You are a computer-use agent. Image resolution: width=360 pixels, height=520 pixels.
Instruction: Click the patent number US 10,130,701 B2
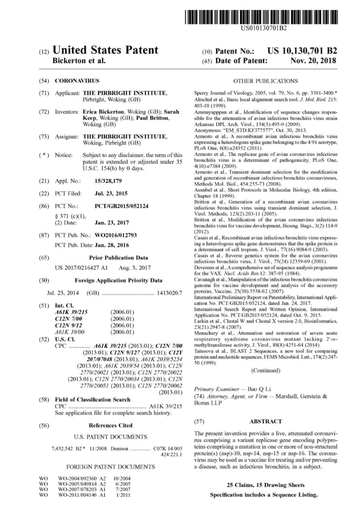coord(302,51)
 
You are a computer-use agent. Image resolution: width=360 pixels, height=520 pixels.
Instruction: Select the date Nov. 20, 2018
coord(313,61)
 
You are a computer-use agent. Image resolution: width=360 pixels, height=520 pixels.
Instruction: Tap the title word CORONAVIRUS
coord(77,81)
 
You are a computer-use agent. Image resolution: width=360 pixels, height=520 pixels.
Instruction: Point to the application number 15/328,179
coord(108,181)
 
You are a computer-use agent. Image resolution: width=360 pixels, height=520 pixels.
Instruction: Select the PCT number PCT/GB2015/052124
coord(121,206)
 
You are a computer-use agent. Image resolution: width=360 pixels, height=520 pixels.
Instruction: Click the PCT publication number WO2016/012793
coord(116,235)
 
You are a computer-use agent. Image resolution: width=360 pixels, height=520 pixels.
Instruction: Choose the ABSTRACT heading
coord(265,421)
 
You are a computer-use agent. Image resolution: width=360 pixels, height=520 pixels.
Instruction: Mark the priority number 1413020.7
coord(170,292)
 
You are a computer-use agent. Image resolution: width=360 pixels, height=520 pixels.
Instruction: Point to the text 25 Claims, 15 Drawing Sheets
coord(265,485)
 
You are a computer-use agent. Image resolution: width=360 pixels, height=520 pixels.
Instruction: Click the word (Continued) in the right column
coord(265,370)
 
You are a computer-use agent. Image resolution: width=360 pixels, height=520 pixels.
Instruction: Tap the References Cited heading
coord(110,425)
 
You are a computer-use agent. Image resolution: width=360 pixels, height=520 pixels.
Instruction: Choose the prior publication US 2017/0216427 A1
coord(81,268)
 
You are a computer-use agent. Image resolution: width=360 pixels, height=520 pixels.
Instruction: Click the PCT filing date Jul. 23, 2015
coord(111,193)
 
